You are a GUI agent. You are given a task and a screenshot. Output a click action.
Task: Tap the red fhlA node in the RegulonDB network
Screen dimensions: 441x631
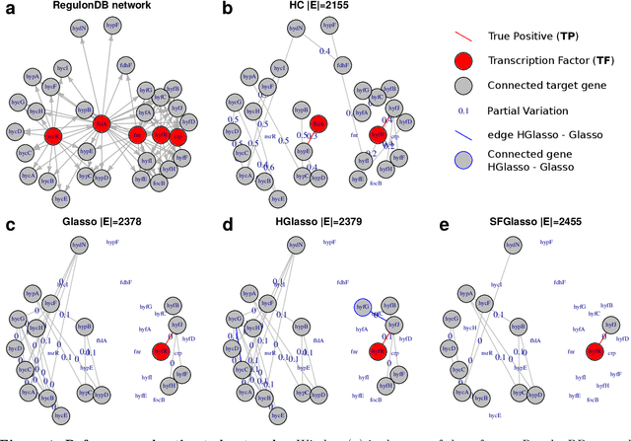point(101,123)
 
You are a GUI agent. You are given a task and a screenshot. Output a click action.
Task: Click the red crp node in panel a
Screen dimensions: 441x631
point(177,135)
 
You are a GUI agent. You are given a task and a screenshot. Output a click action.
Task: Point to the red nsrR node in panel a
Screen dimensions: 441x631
point(53,135)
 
